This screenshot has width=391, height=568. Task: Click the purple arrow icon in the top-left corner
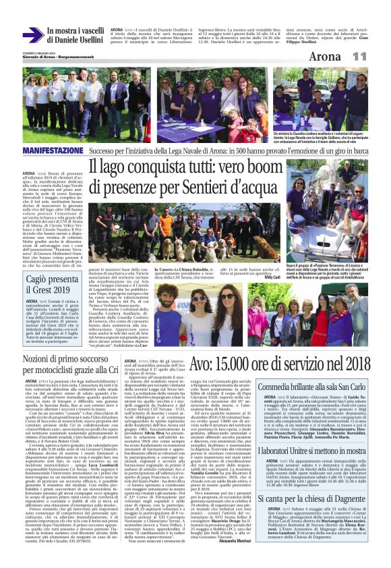click(32, 36)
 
